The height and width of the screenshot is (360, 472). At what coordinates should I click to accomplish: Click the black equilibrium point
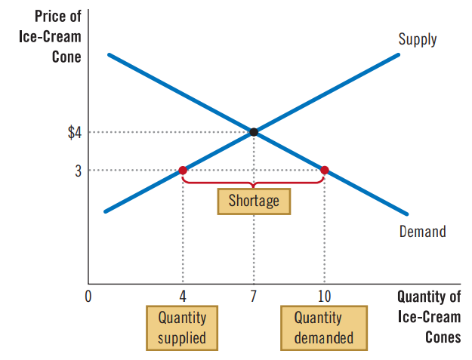pyautogui.click(x=254, y=132)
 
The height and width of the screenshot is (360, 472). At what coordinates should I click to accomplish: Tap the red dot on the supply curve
pyautogui.click(x=183, y=171)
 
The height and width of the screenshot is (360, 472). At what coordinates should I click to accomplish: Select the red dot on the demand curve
pyautogui.click(x=325, y=171)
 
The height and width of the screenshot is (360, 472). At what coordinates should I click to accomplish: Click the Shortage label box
pyautogui.click(x=254, y=201)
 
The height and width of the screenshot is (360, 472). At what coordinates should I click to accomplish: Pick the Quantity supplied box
pyautogui.click(x=182, y=328)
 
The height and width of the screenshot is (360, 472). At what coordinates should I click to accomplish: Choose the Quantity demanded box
pyautogui.click(x=324, y=328)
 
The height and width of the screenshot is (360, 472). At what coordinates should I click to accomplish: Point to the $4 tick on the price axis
pyautogui.click(x=74, y=133)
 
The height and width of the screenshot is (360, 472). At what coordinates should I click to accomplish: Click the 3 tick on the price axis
pyautogui.click(x=78, y=171)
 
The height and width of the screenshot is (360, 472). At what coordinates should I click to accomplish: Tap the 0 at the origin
pyautogui.click(x=88, y=297)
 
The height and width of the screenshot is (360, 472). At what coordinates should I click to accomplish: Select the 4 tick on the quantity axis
pyautogui.click(x=183, y=297)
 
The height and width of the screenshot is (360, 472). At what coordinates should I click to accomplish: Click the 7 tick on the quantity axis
pyautogui.click(x=254, y=297)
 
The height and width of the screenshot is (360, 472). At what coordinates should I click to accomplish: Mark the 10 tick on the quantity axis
pyautogui.click(x=325, y=297)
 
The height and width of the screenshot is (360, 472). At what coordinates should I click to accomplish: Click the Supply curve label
pyautogui.click(x=418, y=39)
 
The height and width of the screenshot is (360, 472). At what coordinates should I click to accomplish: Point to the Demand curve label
pyautogui.click(x=422, y=232)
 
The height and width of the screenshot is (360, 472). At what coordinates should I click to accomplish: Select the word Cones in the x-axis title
pyautogui.click(x=443, y=337)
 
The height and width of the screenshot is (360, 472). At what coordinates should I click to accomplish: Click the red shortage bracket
pyautogui.click(x=254, y=182)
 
